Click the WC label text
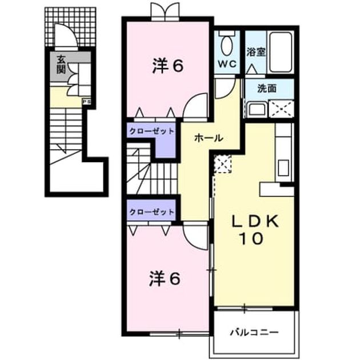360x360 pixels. tap(227, 64)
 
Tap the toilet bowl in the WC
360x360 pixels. tap(227, 45)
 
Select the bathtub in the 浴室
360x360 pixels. tap(281, 53)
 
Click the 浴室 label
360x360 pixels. tap(256, 52)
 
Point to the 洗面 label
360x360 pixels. tap(266, 89)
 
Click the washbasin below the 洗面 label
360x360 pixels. tap(257, 110)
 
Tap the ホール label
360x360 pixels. tap(209, 138)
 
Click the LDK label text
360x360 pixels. tap(255, 221)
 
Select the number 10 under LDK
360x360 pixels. tap(251, 238)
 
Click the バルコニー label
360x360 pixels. tap(255, 332)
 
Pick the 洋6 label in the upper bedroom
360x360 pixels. tap(168, 66)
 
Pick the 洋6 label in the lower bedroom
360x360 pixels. tap(165, 278)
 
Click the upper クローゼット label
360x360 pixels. tap(152, 131)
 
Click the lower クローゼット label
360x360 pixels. tap(152, 211)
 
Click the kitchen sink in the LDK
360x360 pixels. tap(283, 168)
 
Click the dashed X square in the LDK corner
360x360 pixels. tap(223, 164)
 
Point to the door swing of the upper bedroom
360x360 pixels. tap(195, 105)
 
